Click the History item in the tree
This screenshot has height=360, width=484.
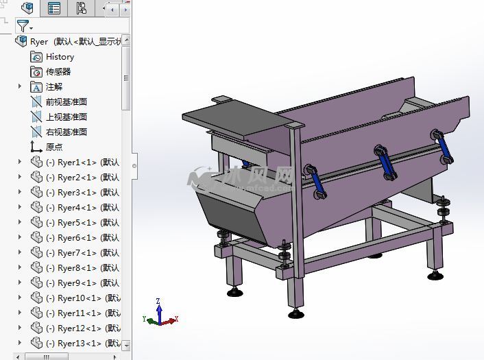(x=60, y=57)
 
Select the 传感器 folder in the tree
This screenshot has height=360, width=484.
(x=58, y=72)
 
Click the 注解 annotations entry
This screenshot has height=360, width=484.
(x=54, y=87)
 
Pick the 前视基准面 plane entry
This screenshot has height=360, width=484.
(x=66, y=102)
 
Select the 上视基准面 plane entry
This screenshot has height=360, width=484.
(x=66, y=117)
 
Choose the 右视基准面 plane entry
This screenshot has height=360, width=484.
(x=66, y=132)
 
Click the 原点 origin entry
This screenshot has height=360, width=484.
(x=54, y=147)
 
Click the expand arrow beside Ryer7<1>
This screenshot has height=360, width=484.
(x=20, y=253)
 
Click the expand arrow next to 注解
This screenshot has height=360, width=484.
(x=20, y=87)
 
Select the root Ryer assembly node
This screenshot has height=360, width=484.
(x=39, y=42)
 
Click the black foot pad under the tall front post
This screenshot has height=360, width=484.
(x=296, y=315)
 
